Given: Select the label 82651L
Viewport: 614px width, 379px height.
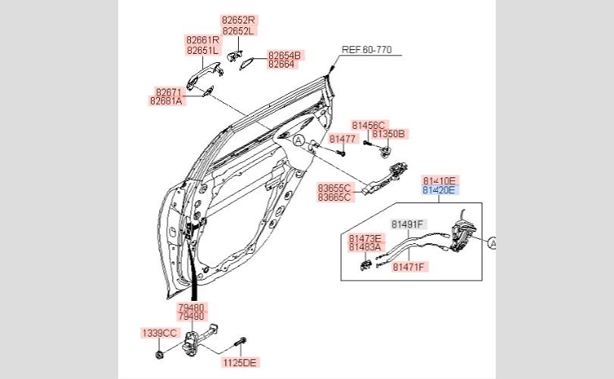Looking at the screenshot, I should [202, 50].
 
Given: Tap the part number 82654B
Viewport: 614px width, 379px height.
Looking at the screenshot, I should [285, 55].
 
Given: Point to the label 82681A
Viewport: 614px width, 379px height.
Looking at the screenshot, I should [167, 100].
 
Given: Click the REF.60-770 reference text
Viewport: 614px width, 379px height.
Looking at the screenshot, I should [366, 50].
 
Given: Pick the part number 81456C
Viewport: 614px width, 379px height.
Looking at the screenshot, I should [368, 125].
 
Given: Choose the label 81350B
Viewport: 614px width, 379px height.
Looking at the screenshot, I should [390, 134].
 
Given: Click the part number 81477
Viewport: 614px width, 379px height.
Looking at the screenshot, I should [343, 139].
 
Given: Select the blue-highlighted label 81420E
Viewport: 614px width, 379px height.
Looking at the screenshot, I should [440, 191].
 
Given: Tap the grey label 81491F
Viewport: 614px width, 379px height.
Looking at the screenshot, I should [409, 224].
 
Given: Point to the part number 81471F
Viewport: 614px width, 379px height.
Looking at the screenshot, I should [409, 266].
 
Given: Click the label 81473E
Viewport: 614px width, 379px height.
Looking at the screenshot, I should [365, 238].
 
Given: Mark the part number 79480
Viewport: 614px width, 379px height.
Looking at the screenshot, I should [191, 308].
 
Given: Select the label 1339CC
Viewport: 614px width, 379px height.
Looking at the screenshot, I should [159, 333].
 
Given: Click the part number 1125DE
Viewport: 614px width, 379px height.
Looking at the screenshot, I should [240, 362].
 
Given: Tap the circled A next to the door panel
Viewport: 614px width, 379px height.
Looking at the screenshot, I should [299, 140].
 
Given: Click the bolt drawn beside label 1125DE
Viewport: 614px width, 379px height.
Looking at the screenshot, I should [241, 344].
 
